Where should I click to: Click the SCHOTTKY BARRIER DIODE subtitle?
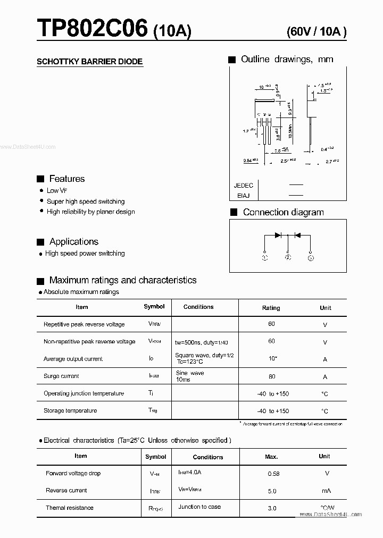(89, 62)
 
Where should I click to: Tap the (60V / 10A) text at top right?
(316, 31)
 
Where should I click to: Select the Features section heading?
(66, 179)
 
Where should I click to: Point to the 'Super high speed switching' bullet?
(86, 201)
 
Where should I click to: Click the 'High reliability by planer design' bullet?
(90, 212)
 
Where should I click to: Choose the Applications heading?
(73, 242)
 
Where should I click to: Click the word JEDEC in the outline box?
(244, 186)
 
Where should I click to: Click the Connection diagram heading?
(283, 212)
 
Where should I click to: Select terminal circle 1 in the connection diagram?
(265, 258)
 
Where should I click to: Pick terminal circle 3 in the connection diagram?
(311, 258)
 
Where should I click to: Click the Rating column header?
(271, 308)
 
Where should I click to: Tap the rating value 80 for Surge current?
(272, 376)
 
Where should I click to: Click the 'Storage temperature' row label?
(70, 410)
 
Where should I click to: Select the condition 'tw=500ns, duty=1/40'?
(205, 342)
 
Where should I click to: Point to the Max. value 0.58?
(272, 474)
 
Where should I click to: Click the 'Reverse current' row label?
(66, 490)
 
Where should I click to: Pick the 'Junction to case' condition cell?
(199, 507)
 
